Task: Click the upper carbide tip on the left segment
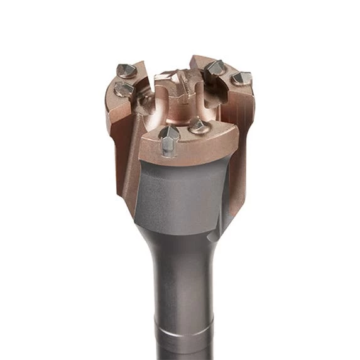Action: click(126, 70)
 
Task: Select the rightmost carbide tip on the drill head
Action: click(241, 79)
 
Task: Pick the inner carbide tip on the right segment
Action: click(215, 67)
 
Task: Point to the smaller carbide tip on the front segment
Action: click(198, 126)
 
